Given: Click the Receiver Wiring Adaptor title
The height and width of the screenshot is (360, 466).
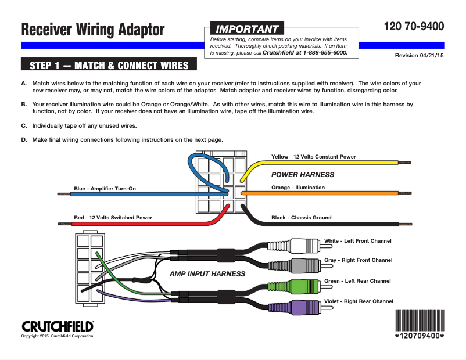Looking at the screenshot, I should pos(93,30).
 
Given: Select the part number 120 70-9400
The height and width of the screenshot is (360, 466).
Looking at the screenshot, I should pos(414,26).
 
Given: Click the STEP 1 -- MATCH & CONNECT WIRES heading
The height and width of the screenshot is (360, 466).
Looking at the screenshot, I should pos(109,64).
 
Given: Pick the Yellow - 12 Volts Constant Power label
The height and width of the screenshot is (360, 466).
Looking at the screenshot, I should pos(313,157).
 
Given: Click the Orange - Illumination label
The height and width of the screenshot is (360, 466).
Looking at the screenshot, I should pos(298,188).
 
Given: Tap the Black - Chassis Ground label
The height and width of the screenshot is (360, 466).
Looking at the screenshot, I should pos(301,218).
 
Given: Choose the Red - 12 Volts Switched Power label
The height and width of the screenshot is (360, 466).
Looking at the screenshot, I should pos(113,218).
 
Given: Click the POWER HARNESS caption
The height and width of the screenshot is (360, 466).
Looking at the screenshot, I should pos(303,174).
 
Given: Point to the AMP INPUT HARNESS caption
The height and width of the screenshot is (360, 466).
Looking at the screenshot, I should pos(207,273).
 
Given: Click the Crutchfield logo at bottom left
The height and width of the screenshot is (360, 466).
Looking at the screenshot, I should pos(58,326).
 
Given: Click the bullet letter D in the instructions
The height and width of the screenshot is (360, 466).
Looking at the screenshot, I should pos(24,139).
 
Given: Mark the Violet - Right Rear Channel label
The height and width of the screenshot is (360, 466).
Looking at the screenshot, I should pos(359,301).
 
